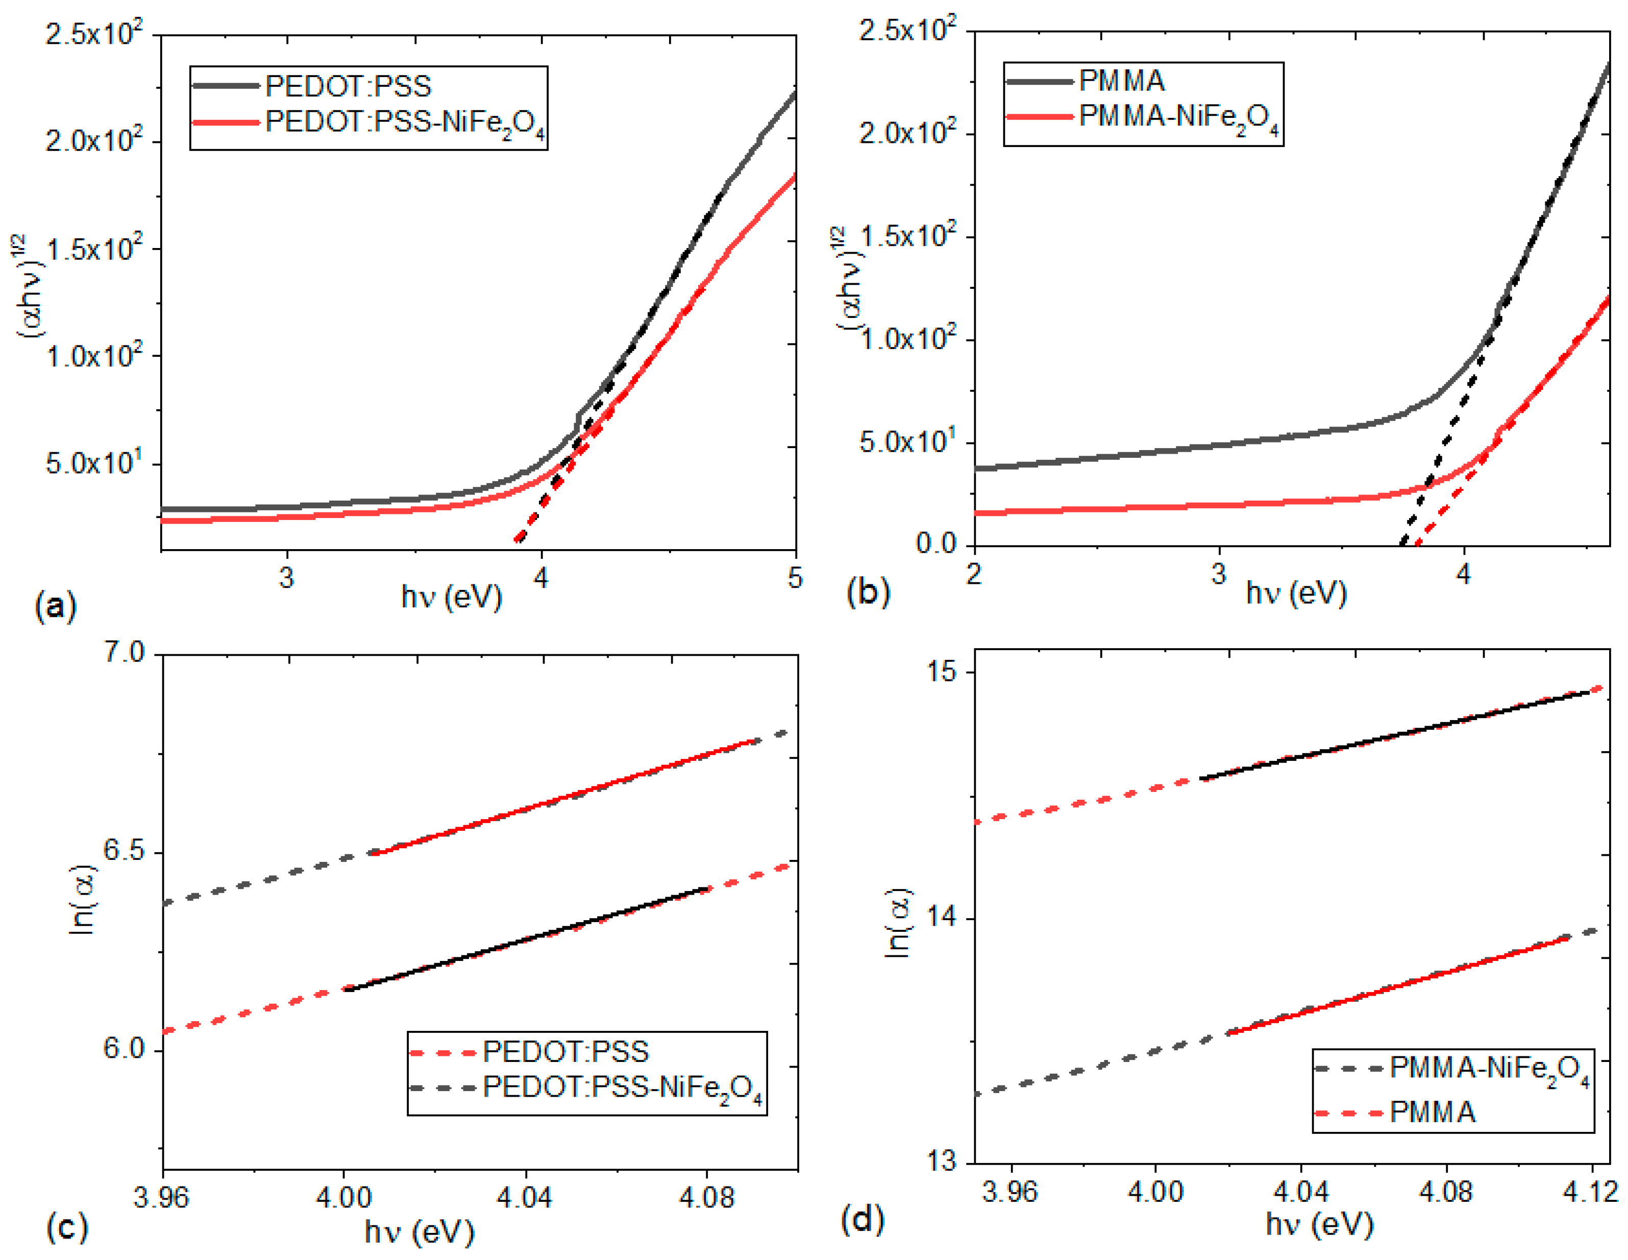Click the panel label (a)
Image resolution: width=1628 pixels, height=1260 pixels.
point(55,606)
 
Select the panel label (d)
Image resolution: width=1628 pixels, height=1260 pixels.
point(862,1219)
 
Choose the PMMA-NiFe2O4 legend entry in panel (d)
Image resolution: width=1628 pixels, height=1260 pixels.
point(1489,1070)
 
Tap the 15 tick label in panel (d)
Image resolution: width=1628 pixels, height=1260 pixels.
point(941,671)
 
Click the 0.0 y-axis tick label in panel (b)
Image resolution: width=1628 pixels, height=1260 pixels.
point(936,543)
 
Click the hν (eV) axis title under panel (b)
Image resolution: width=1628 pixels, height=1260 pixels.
point(1296,594)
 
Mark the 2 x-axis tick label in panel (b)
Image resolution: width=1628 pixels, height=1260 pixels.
point(974,574)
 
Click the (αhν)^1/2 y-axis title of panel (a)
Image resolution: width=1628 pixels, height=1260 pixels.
point(31,287)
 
